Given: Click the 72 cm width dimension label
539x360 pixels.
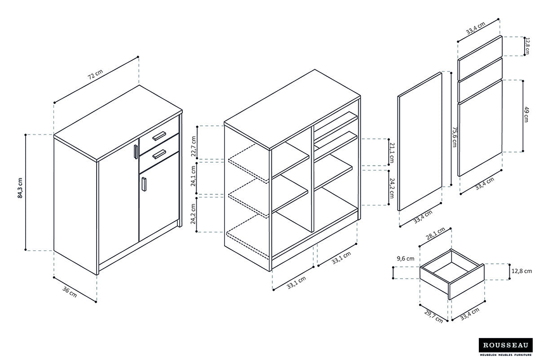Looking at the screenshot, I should [x=95, y=75].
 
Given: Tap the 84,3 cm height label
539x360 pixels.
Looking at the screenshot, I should [x=20, y=191].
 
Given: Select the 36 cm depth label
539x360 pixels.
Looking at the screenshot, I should [x=70, y=292].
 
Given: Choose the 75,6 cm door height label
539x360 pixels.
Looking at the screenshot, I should [x=455, y=137].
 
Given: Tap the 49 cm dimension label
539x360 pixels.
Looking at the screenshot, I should [x=526, y=115].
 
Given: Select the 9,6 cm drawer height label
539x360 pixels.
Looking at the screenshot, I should [x=405, y=258].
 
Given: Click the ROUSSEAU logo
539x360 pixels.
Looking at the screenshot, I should [x=506, y=345].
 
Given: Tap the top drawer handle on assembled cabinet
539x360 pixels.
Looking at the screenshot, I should [x=159, y=136].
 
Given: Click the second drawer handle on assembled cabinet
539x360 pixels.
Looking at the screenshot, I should [x=159, y=154].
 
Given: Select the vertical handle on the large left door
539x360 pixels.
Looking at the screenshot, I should [x=135, y=151].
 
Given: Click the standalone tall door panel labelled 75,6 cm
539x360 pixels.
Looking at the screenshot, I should [x=420, y=142].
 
